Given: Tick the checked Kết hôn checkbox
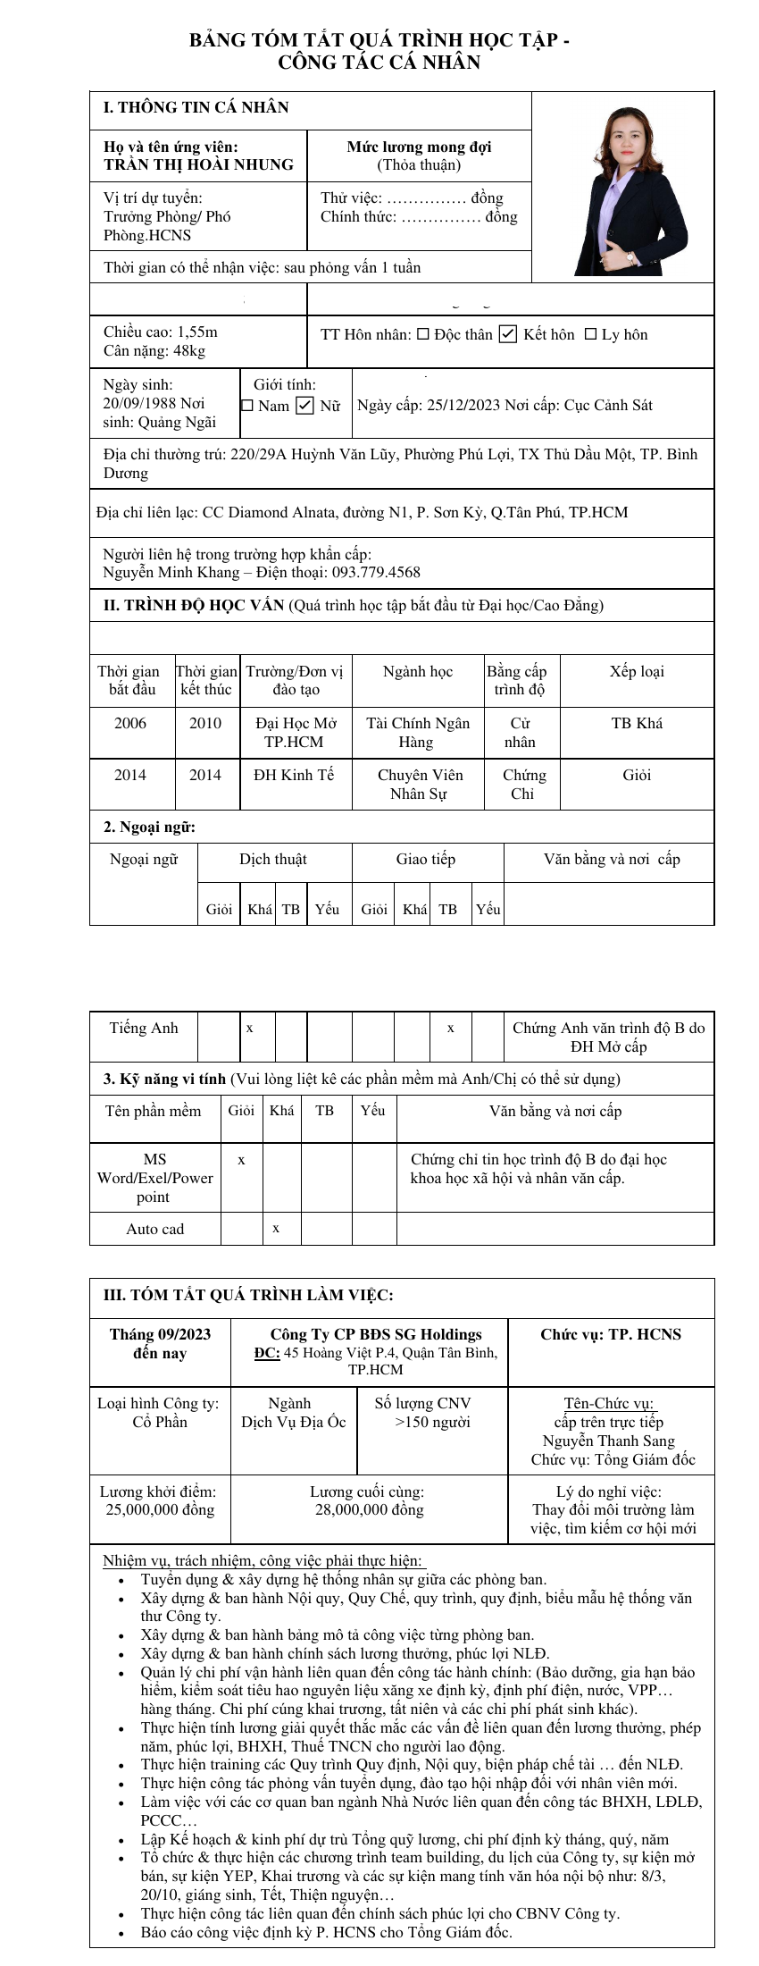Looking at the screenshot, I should tap(508, 334).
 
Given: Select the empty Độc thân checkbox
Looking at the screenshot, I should tap(423, 334).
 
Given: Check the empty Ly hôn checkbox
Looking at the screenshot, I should tap(590, 334).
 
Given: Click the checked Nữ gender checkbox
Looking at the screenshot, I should tap(304, 406).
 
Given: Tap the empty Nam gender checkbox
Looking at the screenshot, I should tap(247, 406).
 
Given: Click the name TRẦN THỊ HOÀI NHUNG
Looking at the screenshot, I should tap(198, 164).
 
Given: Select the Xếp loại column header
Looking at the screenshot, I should tap(637, 671).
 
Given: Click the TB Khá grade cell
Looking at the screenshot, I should tap(637, 723).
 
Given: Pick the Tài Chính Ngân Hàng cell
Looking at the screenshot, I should tap(418, 732).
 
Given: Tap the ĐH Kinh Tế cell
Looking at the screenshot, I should tap(294, 775).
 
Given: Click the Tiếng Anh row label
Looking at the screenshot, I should tap(144, 1028).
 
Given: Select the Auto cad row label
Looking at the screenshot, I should tap(155, 1229).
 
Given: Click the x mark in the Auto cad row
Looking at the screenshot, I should tap(276, 1229).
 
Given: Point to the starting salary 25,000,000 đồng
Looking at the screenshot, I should tap(160, 1509).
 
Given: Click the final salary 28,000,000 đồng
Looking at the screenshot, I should tap(369, 1509).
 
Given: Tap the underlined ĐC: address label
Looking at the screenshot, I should tap(267, 1353).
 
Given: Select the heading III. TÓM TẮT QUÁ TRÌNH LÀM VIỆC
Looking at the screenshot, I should tap(248, 1295).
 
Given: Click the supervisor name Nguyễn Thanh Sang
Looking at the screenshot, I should tap(609, 1441).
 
